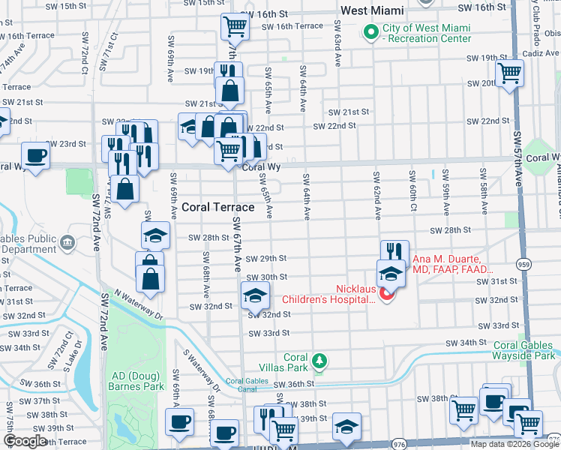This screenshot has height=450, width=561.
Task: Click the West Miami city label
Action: pos(372,10)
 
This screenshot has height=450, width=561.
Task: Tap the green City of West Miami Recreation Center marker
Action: pos(370,32)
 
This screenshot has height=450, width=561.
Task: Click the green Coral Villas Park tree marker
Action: pos(319,362)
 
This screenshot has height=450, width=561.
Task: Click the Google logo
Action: pos(24,442)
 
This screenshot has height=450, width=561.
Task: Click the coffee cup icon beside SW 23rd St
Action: pos(35,156)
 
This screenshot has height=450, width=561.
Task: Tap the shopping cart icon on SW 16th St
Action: pos(235,27)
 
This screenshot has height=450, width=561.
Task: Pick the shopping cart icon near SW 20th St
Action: pos(509,73)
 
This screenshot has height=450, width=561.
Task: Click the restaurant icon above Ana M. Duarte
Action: pos(394,253)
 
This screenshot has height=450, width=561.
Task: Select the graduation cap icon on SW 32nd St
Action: pos(255,295)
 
